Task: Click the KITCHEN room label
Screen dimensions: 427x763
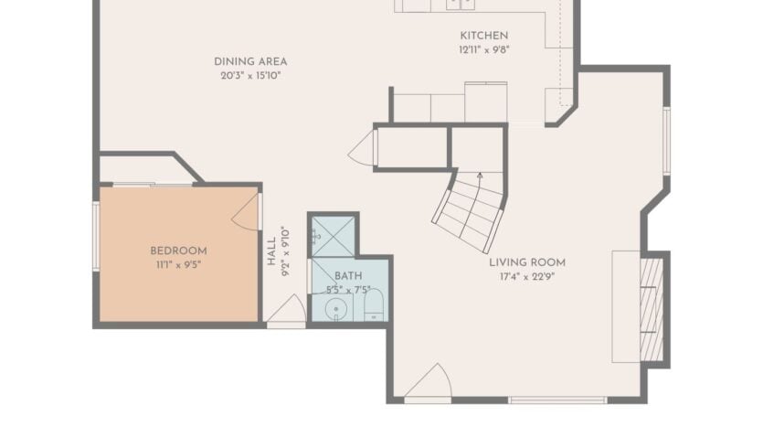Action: click(x=483, y=36)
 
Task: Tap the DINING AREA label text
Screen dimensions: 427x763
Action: click(x=250, y=61)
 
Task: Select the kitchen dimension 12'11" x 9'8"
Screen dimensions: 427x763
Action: click(x=483, y=49)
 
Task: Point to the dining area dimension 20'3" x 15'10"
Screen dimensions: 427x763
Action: click(x=250, y=75)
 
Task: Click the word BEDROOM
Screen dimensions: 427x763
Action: click(x=178, y=251)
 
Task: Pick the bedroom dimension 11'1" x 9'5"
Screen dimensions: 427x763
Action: click(x=178, y=264)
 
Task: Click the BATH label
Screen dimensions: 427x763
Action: click(x=347, y=275)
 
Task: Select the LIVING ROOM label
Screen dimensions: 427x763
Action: click(x=526, y=262)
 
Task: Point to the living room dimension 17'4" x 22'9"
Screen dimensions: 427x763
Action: click(x=526, y=276)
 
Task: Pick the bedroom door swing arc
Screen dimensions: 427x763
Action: click(x=247, y=211)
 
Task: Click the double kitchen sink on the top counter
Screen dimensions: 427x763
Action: click(x=461, y=4)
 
